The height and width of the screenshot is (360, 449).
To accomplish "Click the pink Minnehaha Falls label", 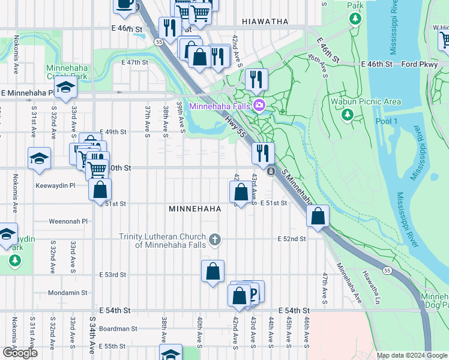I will coord(220,106).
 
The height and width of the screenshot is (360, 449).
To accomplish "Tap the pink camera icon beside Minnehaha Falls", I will coord(259,106).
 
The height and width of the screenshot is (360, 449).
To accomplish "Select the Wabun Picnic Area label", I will coord(366,101).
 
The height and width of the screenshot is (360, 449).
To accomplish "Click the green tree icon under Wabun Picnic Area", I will coord(346,113).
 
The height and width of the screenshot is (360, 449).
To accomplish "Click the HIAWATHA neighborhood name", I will coord(265,22).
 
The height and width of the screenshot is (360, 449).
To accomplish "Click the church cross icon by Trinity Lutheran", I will coord(214,241).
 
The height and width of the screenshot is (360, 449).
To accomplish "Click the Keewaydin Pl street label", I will coord(55,186).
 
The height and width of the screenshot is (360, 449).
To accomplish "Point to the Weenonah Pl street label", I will coord(69,221).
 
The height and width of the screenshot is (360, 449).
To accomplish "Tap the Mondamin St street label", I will coord(67,293).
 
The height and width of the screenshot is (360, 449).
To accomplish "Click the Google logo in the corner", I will coord(20,353).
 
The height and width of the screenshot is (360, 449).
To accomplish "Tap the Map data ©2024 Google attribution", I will coord(411,355).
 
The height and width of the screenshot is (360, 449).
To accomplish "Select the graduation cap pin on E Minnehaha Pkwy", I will coord(65,88).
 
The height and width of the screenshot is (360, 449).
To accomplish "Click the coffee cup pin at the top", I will coord(124,4).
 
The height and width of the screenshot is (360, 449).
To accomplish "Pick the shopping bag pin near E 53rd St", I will coord(212,272).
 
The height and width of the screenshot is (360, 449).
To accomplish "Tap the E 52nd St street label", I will coord(292,239).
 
